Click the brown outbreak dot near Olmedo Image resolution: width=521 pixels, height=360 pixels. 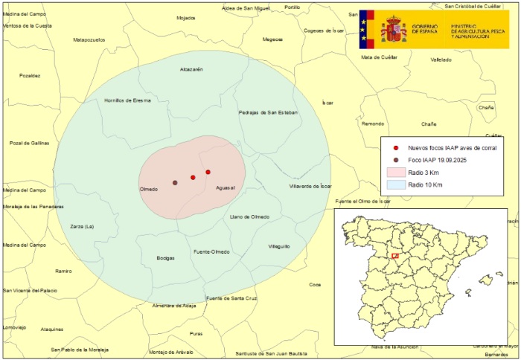click(175, 182)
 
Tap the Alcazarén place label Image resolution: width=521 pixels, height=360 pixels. click(191, 69)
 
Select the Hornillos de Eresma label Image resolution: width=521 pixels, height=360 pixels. click(127, 100)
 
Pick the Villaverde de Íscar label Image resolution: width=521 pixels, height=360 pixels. click(310, 186)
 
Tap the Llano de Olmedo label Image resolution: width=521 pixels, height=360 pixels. click(249, 216)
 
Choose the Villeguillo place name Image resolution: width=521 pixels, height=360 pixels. click(278, 246)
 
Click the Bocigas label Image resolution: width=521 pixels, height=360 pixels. click(165, 258)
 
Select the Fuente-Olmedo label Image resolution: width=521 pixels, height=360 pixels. click(211, 252)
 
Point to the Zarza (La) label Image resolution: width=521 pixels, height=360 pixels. click(82, 226)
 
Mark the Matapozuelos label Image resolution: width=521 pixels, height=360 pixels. click(89, 39)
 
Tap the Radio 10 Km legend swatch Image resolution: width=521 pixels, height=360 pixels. click(395, 184)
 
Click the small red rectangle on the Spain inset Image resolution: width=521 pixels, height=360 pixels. click(395, 257)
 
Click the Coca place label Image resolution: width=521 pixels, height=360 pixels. click(315, 284)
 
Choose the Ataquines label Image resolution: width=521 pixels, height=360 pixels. click(52, 329)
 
